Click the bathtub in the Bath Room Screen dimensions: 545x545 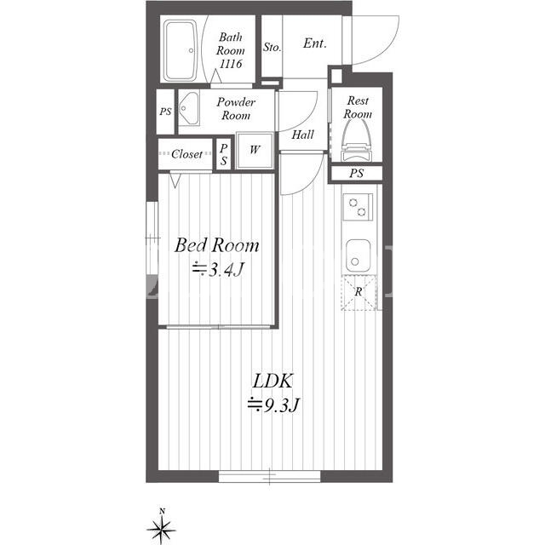(x=181, y=51)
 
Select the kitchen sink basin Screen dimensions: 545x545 (x=358, y=255)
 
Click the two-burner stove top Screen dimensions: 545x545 (x=358, y=207)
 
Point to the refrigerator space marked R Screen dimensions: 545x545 (x=359, y=292)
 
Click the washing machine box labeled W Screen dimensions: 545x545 (x=255, y=150)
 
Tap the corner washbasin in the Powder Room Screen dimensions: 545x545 (x=189, y=108)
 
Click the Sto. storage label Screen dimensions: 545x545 (x=272, y=47)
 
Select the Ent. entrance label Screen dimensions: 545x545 (x=314, y=43)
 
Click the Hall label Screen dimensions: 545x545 (x=303, y=135)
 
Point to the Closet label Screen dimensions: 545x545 (x=186, y=153)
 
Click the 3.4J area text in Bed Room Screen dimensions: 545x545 (x=218, y=269)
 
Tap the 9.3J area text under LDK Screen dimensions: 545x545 (x=273, y=405)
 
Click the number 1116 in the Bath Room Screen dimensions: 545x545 (x=231, y=64)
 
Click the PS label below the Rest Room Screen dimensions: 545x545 (x=356, y=173)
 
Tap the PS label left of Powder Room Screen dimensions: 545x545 (x=165, y=112)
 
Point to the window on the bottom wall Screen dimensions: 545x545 (x=269, y=476)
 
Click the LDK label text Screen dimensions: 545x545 (x=272, y=381)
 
